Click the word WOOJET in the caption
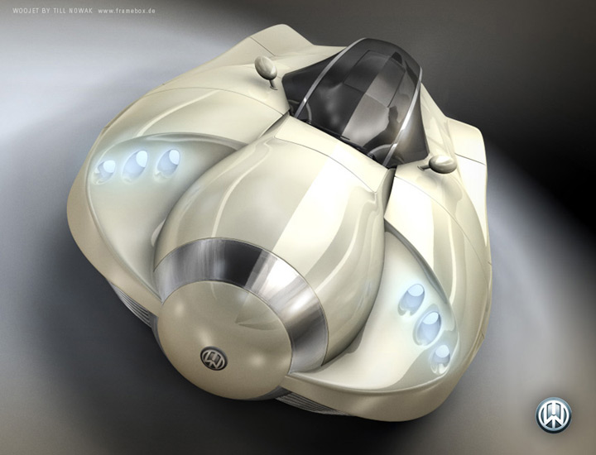pos(26,11)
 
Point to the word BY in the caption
pos(46,11)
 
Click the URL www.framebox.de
pos(127,11)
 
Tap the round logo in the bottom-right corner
pos(554,415)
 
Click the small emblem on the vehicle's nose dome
pos(214,357)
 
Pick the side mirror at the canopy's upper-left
pos(267,70)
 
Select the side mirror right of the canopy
pos(440,164)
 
